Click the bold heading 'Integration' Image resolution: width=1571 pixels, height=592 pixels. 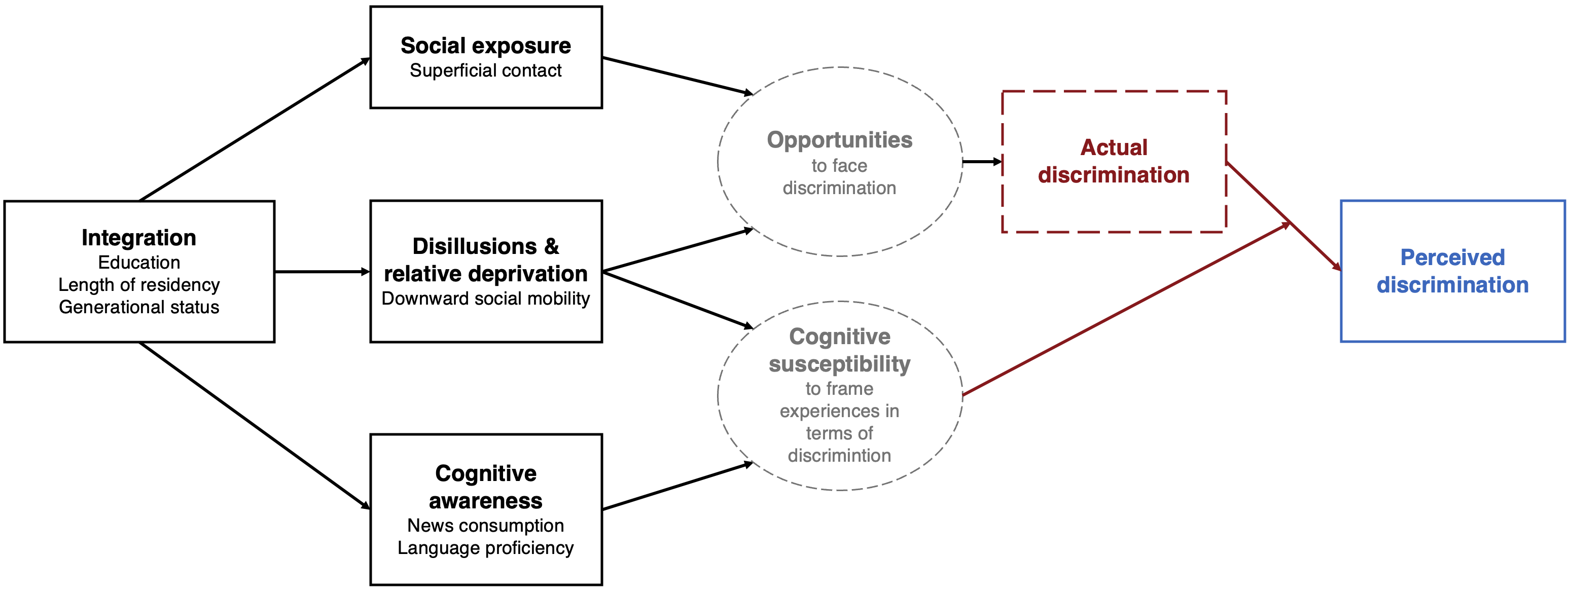139,238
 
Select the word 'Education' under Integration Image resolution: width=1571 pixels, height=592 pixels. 139,262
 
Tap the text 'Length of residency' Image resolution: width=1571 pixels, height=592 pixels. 139,285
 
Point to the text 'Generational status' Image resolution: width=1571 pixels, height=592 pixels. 139,307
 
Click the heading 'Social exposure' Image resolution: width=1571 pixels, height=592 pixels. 485,46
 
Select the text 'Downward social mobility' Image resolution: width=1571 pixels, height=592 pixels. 485,298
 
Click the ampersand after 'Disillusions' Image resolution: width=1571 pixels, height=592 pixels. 551,246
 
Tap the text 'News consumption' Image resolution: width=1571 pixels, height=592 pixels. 485,525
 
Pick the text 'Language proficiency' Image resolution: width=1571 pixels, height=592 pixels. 485,547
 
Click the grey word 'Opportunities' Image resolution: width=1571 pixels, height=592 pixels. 840,140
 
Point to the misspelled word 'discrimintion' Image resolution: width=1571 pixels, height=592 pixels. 840,456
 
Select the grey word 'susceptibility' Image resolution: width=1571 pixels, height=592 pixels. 840,364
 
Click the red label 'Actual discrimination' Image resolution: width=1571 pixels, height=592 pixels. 1114,161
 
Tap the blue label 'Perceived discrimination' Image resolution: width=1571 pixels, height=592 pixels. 1453,271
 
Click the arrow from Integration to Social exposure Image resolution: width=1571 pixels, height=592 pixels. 255,129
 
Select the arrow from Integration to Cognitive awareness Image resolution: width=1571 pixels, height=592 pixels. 255,426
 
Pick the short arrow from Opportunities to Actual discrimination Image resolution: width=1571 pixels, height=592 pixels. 982,162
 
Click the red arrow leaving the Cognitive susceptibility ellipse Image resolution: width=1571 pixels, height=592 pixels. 1126,309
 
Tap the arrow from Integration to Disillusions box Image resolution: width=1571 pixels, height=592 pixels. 323,271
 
